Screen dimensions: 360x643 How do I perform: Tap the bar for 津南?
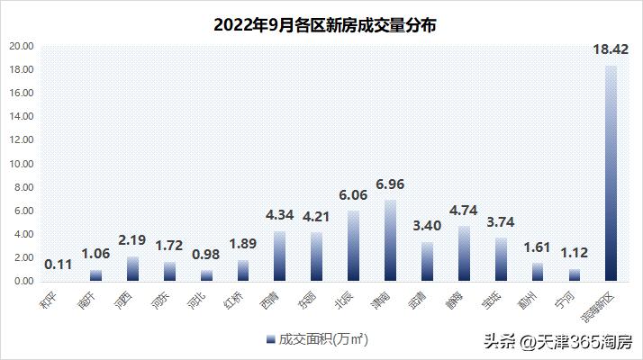point(390,240)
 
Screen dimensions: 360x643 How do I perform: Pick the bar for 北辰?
point(354,246)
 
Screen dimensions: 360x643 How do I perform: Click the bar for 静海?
point(464,253)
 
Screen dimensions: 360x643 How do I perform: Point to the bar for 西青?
point(280,256)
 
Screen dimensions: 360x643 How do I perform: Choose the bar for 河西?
point(132,268)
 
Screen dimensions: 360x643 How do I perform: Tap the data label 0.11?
point(59,264)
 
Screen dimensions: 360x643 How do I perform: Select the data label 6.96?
point(390,184)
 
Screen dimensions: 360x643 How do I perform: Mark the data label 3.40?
point(427,226)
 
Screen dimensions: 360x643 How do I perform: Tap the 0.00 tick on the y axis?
point(23,281)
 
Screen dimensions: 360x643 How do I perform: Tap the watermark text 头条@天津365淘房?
point(557,342)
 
